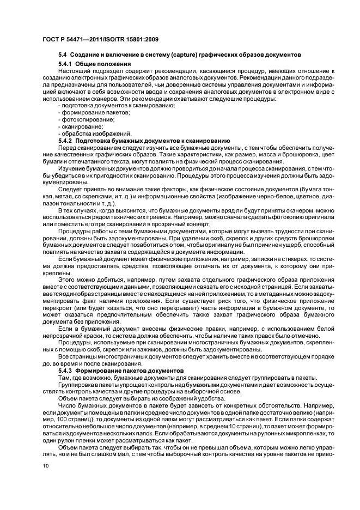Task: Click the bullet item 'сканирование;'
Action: coord(80,126)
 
